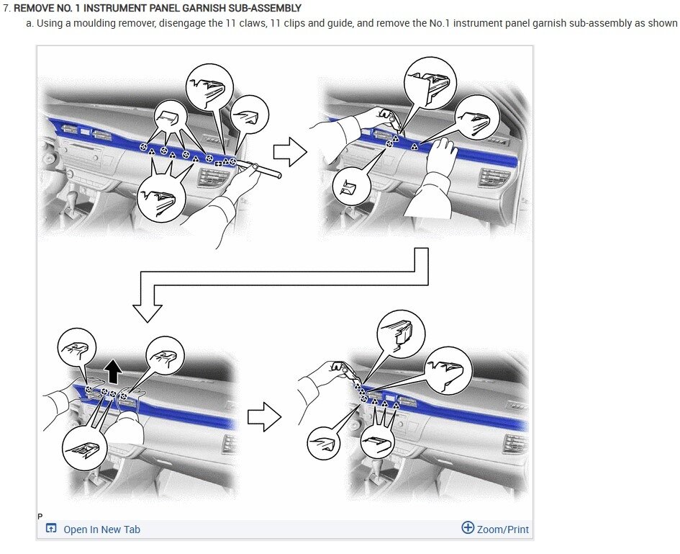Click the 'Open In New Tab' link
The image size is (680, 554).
click(x=101, y=530)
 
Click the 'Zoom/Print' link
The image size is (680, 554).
click(x=503, y=530)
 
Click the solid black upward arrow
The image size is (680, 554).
click(x=114, y=372)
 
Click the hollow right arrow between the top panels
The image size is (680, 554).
click(x=290, y=152)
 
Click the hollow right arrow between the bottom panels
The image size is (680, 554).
click(x=264, y=417)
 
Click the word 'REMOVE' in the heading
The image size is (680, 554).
click(x=32, y=8)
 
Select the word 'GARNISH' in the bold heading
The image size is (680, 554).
click(x=202, y=8)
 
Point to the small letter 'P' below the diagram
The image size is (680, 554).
click(x=40, y=517)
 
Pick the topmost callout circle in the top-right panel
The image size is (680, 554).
click(x=430, y=83)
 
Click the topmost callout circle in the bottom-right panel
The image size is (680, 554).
click(x=401, y=334)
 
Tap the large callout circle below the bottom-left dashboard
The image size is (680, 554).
click(x=84, y=447)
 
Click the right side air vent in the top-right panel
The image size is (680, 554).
click(x=493, y=177)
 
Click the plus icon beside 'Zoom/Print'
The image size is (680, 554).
click(x=468, y=527)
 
